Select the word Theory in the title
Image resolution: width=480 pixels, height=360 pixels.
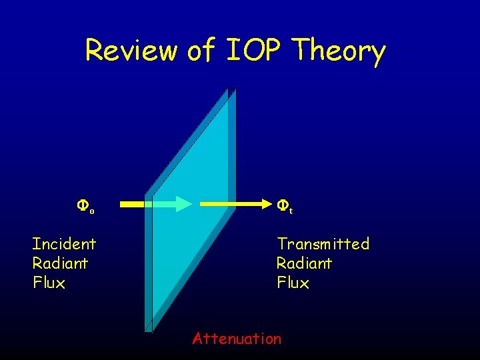pos(339,51)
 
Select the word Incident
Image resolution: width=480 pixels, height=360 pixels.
pos(64,244)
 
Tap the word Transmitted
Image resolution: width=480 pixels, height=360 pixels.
pos(323,244)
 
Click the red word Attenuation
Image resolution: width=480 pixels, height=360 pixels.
pos(237,339)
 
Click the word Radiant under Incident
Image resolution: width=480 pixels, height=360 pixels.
pos(60,263)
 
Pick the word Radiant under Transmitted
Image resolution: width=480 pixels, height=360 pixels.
pos(304,263)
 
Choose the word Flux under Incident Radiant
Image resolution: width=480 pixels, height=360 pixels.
pos(49,283)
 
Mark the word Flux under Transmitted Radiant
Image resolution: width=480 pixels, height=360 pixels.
pos(293,283)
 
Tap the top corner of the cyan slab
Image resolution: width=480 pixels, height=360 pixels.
pos(227,90)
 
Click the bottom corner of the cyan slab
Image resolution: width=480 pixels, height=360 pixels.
pos(149,328)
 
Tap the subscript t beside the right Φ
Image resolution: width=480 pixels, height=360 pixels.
pos(291,211)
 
